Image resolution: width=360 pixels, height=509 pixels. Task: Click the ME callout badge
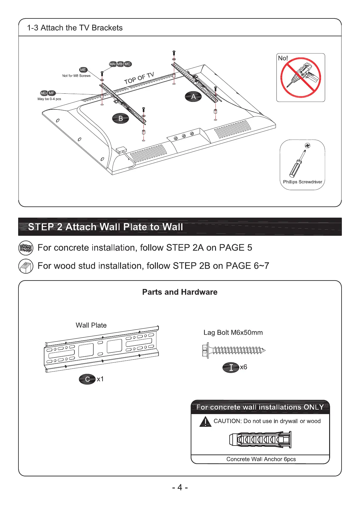(83, 70)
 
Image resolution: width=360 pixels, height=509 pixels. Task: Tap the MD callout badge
(44, 93)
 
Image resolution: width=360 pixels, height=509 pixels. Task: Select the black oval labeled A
(193, 97)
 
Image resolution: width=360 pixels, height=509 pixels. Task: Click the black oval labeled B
(120, 118)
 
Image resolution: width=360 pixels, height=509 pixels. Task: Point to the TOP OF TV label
(139, 78)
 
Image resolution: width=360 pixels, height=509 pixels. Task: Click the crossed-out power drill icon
(300, 78)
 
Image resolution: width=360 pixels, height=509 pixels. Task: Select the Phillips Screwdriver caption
(303, 182)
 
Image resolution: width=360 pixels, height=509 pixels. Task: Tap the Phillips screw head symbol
(307, 145)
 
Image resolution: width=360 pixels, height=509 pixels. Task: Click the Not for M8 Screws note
(76, 76)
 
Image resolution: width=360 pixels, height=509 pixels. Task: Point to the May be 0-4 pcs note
(49, 99)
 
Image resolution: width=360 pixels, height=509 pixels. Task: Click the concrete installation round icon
(26, 248)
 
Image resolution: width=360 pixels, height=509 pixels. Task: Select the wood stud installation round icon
(26, 266)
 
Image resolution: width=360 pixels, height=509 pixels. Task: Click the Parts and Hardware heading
(180, 292)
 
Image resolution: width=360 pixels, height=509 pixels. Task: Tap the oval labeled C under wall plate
(87, 379)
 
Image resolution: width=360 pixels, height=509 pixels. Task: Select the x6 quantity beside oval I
(244, 367)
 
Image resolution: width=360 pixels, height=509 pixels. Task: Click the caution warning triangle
(205, 422)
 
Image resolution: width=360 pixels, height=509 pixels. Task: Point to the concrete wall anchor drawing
(260, 440)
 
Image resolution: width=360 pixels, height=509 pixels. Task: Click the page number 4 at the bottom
(180, 488)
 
